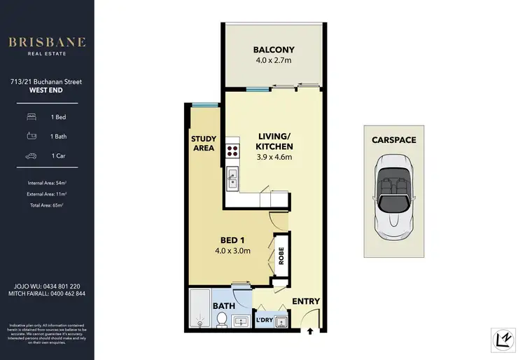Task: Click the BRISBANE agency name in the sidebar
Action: (x=46, y=42)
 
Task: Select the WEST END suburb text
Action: (x=46, y=90)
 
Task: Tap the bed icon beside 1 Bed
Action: (x=31, y=117)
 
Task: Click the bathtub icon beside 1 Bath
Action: (x=31, y=137)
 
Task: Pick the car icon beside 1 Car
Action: (x=31, y=157)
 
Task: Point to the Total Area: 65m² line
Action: (x=46, y=205)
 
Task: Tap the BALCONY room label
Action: (x=274, y=50)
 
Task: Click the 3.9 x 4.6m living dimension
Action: (x=273, y=157)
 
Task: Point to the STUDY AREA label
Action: (x=204, y=143)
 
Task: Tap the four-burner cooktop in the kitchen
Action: (x=232, y=151)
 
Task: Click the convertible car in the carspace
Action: (x=395, y=195)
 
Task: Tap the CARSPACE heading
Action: (x=395, y=140)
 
